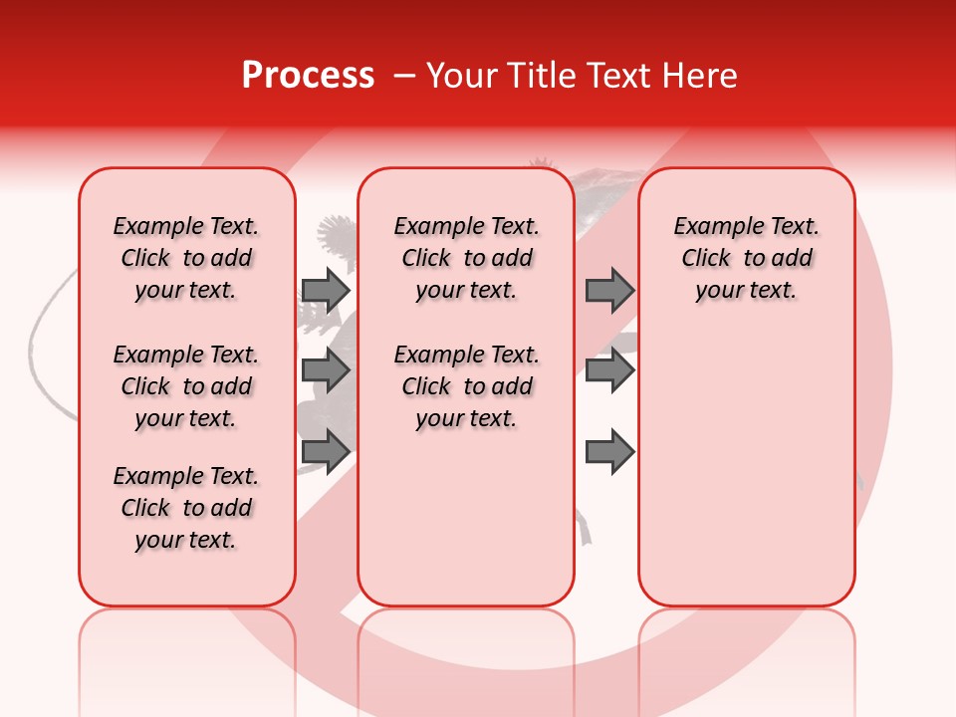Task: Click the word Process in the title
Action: [x=308, y=76]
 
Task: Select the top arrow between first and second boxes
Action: [x=326, y=290]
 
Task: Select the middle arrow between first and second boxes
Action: [x=326, y=370]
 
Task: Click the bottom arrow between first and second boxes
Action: [x=326, y=451]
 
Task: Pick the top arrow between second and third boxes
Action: [x=609, y=290]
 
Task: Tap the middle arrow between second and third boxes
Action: [x=609, y=370]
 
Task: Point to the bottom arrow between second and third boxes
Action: [x=609, y=452]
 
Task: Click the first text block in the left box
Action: [x=186, y=258]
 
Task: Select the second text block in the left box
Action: [x=186, y=386]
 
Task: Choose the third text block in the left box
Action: [x=186, y=508]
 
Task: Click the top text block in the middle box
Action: [x=466, y=258]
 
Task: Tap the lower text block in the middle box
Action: [x=466, y=386]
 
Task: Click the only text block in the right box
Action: [x=746, y=258]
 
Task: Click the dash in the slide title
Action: [x=404, y=76]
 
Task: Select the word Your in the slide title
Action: [x=459, y=76]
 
